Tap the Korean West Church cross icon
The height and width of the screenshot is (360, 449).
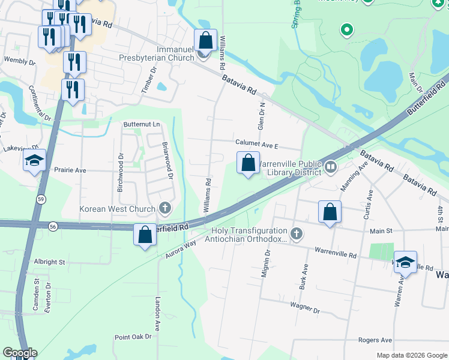pos(165,209)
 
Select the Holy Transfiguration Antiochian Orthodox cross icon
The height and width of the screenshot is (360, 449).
pos(295,233)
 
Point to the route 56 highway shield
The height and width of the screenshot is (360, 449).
pos(53,226)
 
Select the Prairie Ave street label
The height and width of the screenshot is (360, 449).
pos(70,170)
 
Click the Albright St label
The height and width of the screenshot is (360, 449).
pos(49,262)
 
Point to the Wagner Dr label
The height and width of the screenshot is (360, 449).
pos(305,311)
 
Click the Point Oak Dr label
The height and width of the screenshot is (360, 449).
pos(133,337)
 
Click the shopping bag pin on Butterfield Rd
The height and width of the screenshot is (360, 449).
pos(145,235)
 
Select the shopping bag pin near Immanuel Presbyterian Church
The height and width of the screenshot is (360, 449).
pos(205,40)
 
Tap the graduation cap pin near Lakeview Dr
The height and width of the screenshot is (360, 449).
pos(34,161)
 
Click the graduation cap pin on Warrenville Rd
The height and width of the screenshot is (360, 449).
pos(406,262)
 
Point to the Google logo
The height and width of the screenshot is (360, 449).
pos(19,353)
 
